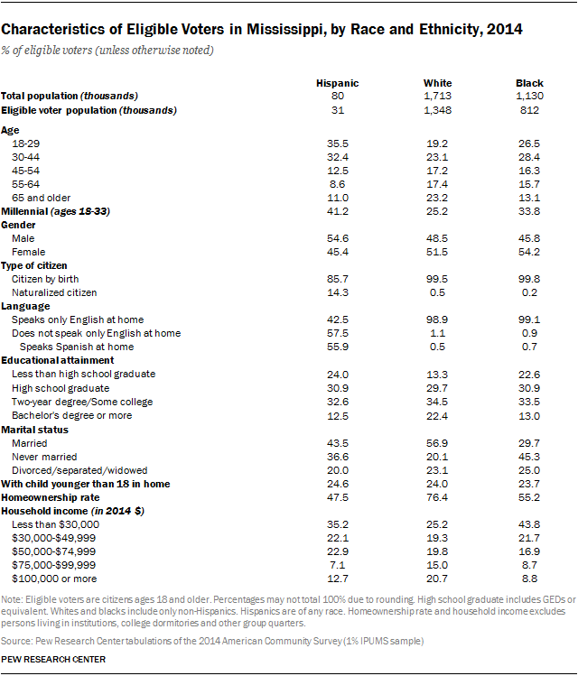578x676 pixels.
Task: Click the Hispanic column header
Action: pos(337,83)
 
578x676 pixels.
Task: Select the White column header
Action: pos(437,83)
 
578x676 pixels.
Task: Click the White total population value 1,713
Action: pos(437,96)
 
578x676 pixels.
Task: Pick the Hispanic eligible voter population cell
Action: pos(337,110)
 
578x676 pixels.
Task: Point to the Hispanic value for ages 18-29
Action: pos(337,143)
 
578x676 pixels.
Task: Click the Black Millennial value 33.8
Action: pos(530,210)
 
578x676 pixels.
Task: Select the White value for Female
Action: pos(437,252)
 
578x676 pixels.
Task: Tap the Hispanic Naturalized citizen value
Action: pos(337,292)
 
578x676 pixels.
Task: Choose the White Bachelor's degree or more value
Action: pos(437,414)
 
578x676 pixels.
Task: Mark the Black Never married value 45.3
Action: pos(530,456)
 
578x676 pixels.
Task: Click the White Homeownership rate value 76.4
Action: pos(437,497)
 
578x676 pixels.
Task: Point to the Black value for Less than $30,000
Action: pos(530,523)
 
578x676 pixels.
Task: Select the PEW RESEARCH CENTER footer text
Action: pos(53,659)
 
